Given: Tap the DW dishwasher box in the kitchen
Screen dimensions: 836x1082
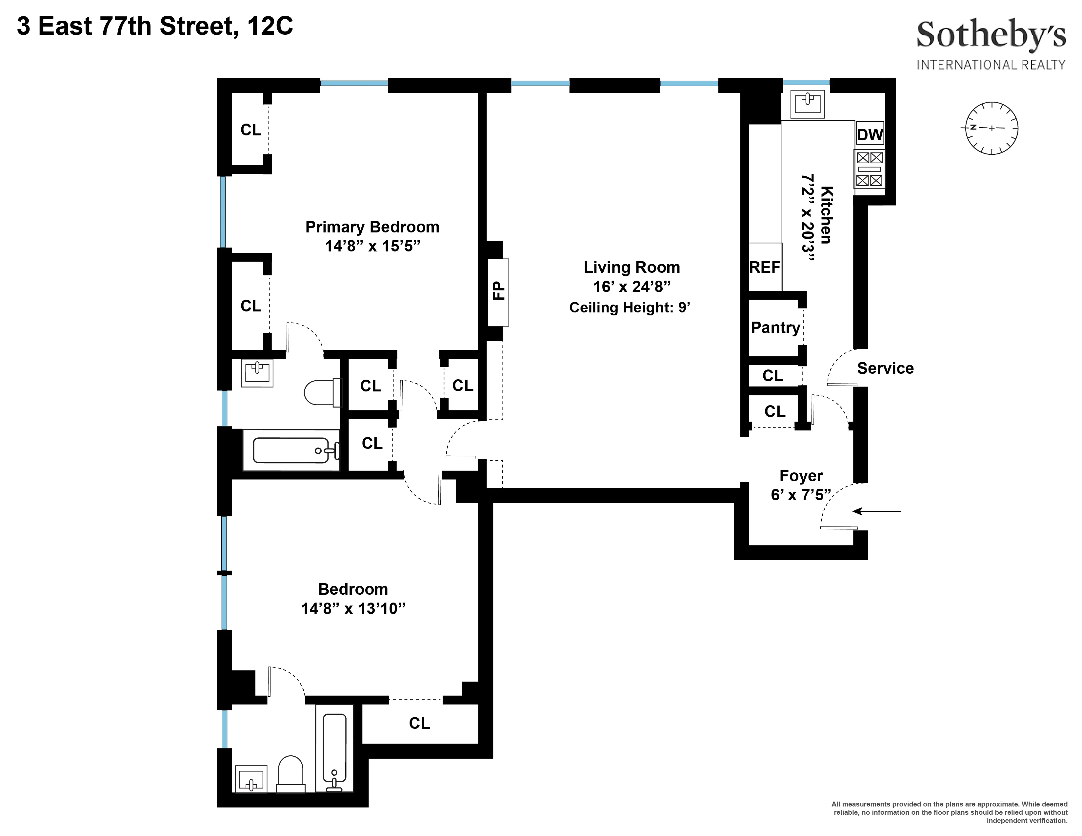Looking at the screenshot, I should click(870, 134).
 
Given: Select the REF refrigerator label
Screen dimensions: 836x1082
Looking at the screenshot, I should click(764, 268).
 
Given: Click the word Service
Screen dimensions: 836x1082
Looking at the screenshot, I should click(885, 368).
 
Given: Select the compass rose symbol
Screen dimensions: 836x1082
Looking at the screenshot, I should click(992, 128).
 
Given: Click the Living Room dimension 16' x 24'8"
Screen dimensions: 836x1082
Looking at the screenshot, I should click(632, 287).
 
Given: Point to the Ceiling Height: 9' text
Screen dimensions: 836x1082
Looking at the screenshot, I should click(630, 308).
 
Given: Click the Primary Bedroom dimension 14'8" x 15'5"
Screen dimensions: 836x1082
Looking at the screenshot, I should click(372, 246).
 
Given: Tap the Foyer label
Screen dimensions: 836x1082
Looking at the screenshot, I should click(801, 475).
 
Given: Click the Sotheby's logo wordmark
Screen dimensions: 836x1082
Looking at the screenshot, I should click(991, 35).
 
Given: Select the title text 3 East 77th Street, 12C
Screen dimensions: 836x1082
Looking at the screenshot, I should click(155, 26).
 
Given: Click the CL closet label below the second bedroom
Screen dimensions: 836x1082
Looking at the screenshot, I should click(419, 724).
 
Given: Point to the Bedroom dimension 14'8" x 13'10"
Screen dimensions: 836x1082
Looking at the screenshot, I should click(353, 608).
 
